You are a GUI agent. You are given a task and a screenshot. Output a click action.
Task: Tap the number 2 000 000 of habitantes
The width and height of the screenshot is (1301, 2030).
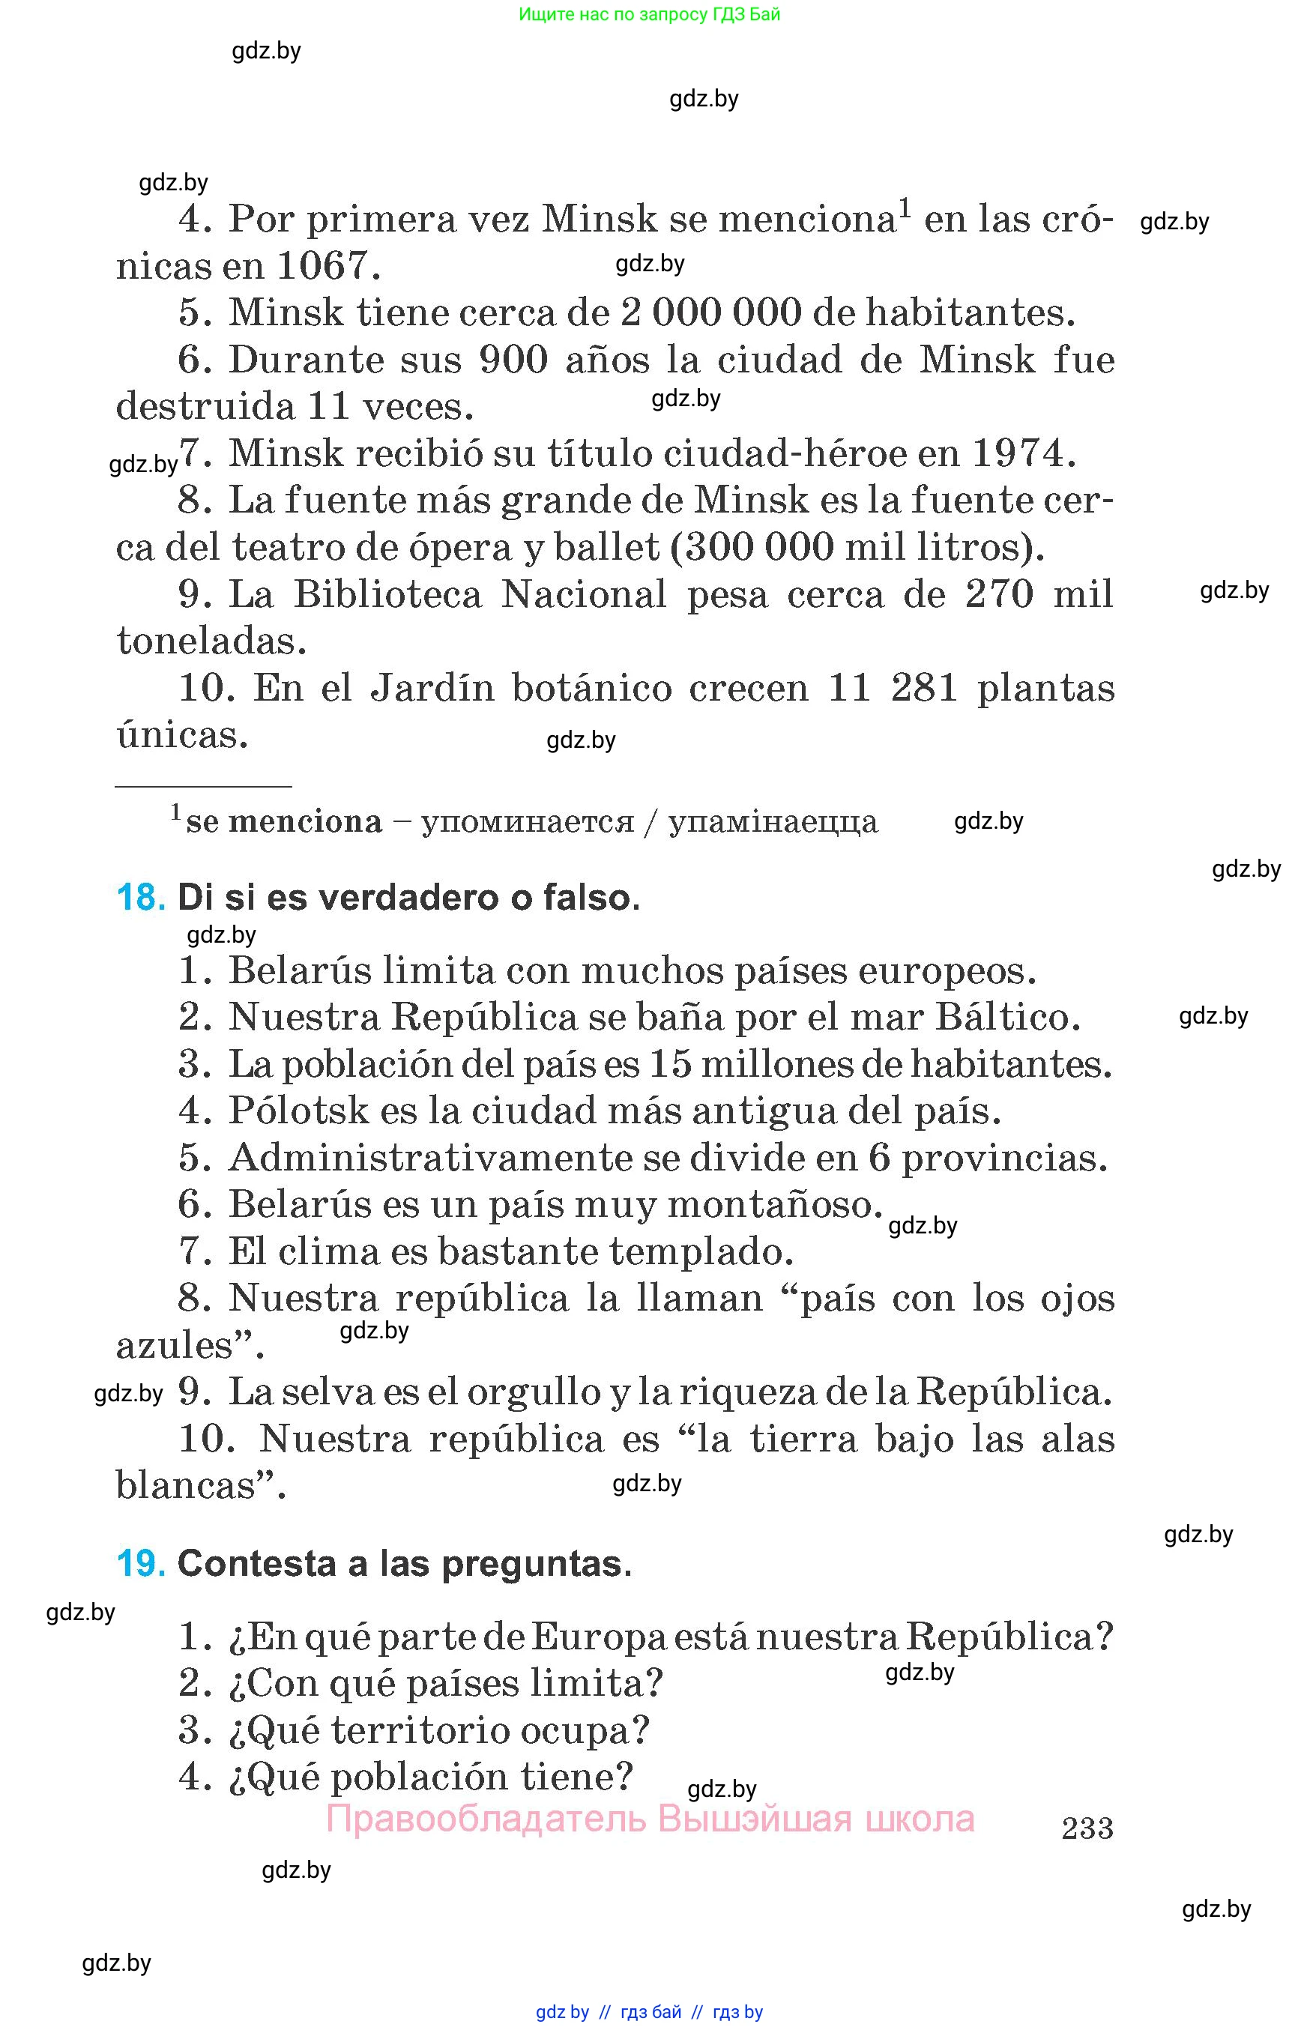pos(710,312)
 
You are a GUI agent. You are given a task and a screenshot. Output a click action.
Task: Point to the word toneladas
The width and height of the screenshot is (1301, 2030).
pos(211,641)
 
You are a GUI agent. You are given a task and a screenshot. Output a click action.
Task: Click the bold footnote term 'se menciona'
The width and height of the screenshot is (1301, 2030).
pos(284,821)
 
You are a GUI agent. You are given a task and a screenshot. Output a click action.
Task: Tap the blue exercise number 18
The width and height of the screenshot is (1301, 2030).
pos(139,897)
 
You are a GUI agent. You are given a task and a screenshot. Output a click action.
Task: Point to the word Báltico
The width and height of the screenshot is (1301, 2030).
pos(1007,1017)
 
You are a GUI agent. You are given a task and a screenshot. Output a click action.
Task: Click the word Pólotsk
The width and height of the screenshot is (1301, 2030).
pos(299,1111)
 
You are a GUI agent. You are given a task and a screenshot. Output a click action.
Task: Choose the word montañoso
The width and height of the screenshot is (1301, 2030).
pos(775,1205)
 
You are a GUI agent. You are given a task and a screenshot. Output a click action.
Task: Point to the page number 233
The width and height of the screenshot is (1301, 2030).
pos(1087,1828)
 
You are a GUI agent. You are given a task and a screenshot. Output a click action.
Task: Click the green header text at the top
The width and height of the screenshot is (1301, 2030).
pos(649,14)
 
